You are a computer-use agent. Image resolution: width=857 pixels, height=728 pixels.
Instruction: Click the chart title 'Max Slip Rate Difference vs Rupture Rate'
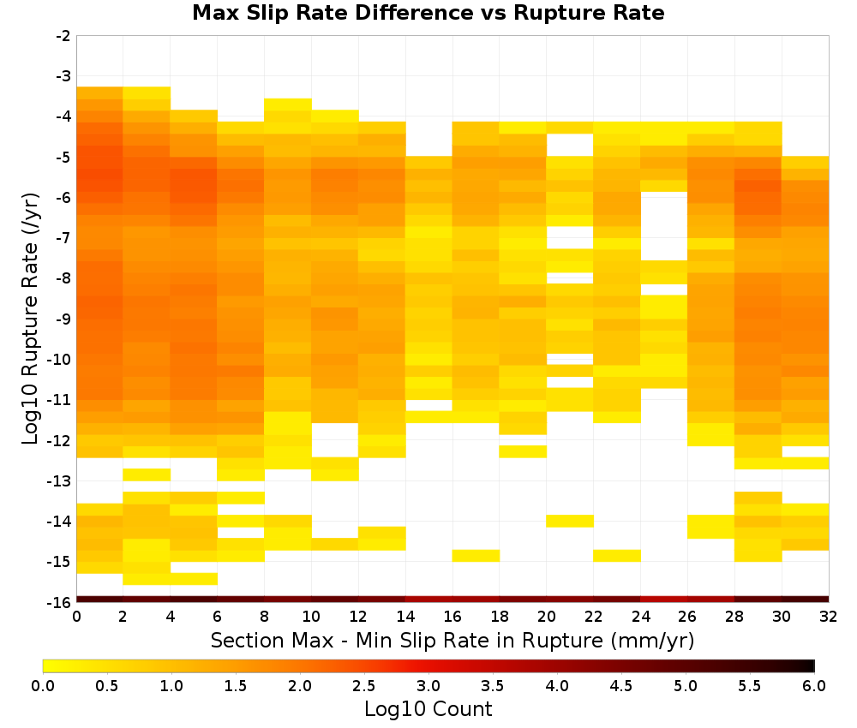click(x=428, y=12)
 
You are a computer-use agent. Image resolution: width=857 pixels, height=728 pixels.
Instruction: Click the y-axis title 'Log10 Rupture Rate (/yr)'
click(x=30, y=319)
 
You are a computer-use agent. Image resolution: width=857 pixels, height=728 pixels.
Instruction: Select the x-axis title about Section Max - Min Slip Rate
click(x=452, y=641)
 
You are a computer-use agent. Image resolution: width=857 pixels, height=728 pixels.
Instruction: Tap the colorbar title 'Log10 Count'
click(x=428, y=709)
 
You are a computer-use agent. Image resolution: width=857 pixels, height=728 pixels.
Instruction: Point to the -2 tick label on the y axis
click(x=63, y=36)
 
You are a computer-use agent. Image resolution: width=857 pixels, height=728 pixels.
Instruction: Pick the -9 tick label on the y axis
click(x=63, y=319)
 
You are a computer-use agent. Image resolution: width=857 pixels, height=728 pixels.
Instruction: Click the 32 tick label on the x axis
click(x=829, y=618)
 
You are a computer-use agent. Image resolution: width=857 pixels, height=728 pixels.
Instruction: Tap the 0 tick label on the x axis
click(x=76, y=618)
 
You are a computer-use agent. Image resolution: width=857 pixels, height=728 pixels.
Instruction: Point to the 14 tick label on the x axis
click(x=405, y=618)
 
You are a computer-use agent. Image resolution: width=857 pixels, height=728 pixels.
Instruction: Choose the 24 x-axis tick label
click(x=640, y=618)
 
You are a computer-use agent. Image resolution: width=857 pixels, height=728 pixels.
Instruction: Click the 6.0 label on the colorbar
click(x=814, y=686)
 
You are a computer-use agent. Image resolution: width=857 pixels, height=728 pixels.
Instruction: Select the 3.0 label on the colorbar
click(x=428, y=686)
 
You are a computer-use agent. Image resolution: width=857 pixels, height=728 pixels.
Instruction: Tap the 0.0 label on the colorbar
click(x=43, y=686)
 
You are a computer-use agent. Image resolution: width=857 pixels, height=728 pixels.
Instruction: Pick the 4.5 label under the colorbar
click(x=620, y=686)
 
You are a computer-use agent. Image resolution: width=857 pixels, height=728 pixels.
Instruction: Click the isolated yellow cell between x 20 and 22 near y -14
click(x=570, y=521)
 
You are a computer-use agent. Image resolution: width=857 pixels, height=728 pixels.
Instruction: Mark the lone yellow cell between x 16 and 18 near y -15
click(x=476, y=555)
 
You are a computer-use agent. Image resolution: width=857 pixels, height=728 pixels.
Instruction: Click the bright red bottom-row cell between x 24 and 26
click(x=664, y=600)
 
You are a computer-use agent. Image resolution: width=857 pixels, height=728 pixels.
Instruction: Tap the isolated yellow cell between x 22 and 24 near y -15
click(x=617, y=555)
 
